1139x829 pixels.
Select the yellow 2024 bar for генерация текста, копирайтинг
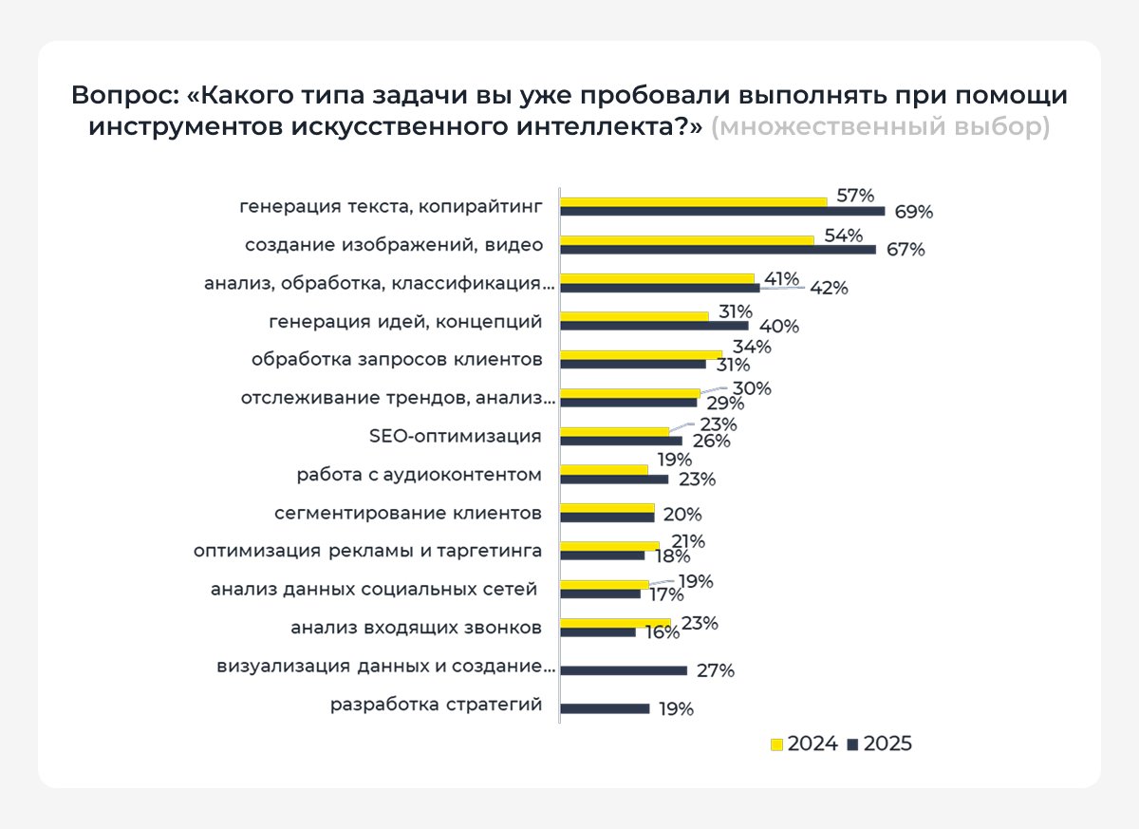[693, 201]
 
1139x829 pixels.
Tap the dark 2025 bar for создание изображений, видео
[718, 250]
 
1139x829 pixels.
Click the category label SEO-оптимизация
[455, 436]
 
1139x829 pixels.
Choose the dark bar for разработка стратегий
[605, 708]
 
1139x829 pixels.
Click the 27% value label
[715, 671]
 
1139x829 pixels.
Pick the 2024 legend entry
[803, 744]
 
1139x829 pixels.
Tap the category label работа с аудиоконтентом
[419, 474]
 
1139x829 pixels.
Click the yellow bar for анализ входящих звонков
[615, 623]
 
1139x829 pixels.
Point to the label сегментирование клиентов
[408, 513]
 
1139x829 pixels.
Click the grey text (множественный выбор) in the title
[880, 127]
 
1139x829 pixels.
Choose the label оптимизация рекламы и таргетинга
[367, 551]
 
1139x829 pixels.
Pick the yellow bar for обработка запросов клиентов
[641, 354]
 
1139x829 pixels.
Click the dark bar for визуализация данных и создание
[624, 670]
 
